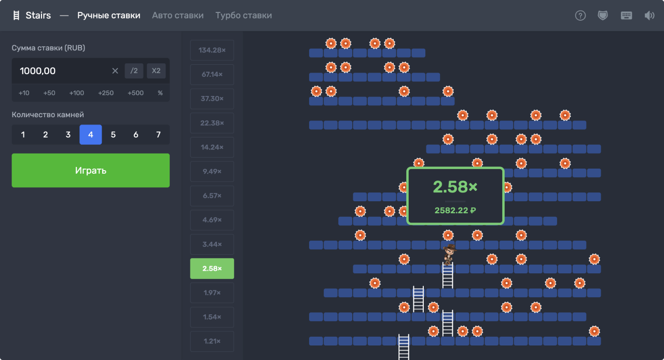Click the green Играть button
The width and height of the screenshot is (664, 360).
click(x=90, y=170)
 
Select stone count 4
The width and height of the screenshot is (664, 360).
click(x=90, y=135)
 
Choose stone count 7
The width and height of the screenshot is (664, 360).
click(x=158, y=135)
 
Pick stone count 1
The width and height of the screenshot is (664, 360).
click(x=23, y=135)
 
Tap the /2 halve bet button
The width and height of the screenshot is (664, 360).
click(x=134, y=71)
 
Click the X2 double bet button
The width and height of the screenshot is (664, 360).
click(x=156, y=71)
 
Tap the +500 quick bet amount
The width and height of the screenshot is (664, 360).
click(x=135, y=93)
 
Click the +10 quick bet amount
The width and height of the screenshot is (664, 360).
click(x=24, y=93)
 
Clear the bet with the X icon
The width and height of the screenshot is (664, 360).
click(x=115, y=71)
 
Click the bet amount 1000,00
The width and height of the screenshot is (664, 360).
click(x=38, y=71)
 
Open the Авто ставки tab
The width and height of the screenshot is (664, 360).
click(x=178, y=15)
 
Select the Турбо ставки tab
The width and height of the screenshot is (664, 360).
click(x=243, y=15)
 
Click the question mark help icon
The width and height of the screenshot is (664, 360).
click(x=580, y=16)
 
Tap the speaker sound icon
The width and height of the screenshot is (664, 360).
click(x=649, y=16)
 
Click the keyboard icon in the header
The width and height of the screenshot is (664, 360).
click(x=626, y=16)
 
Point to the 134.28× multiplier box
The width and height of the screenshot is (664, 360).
click(x=212, y=50)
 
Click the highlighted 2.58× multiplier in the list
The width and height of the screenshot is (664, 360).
click(x=212, y=268)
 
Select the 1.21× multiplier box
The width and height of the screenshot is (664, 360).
click(x=212, y=341)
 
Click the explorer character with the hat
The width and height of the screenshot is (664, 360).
click(x=449, y=254)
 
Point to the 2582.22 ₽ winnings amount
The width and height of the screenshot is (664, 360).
click(x=455, y=210)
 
